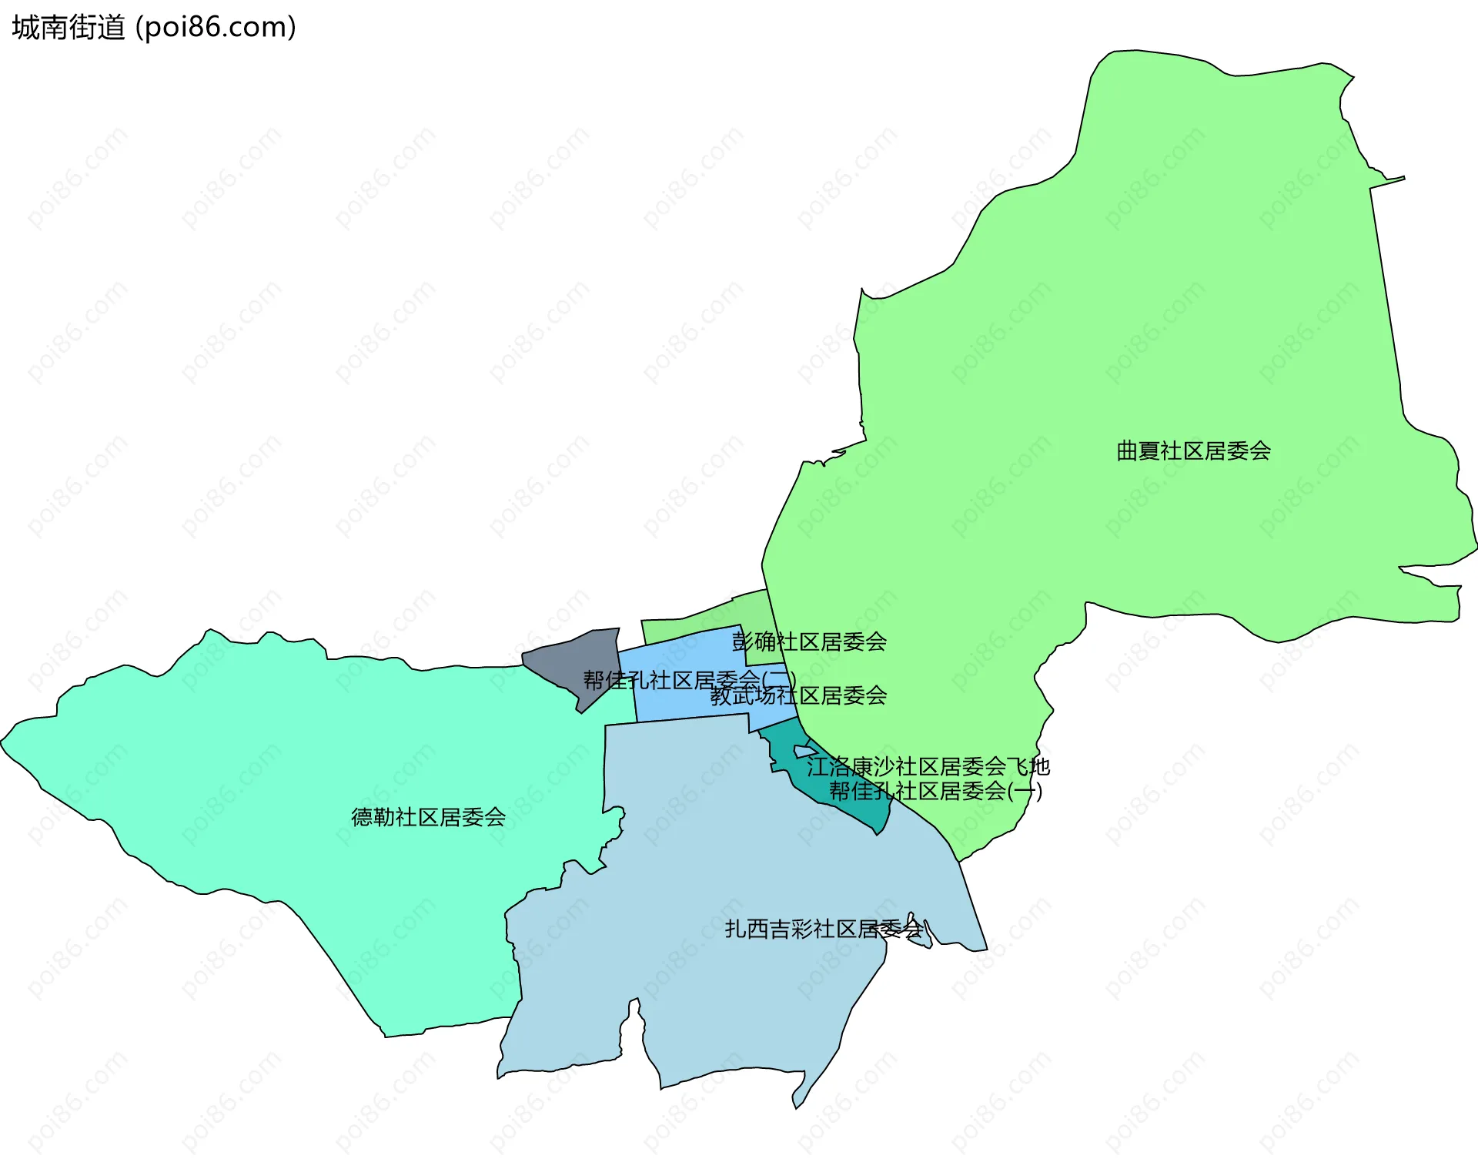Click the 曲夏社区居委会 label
point(1193,451)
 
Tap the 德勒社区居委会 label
point(428,817)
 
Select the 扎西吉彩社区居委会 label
point(824,930)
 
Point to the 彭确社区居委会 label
point(809,642)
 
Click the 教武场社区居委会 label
point(798,696)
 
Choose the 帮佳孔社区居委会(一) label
point(935,792)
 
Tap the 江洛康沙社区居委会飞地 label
point(928,767)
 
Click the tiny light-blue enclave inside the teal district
point(804,751)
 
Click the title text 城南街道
point(69,28)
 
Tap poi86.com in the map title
point(216,28)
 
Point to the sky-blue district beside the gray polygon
point(677,705)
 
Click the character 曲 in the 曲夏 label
point(1127,451)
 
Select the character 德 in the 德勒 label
point(362,817)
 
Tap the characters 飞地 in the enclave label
point(1029,767)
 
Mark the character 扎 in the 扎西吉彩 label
point(735,930)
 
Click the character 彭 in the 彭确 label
point(743,642)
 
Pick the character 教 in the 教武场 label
point(721,696)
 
